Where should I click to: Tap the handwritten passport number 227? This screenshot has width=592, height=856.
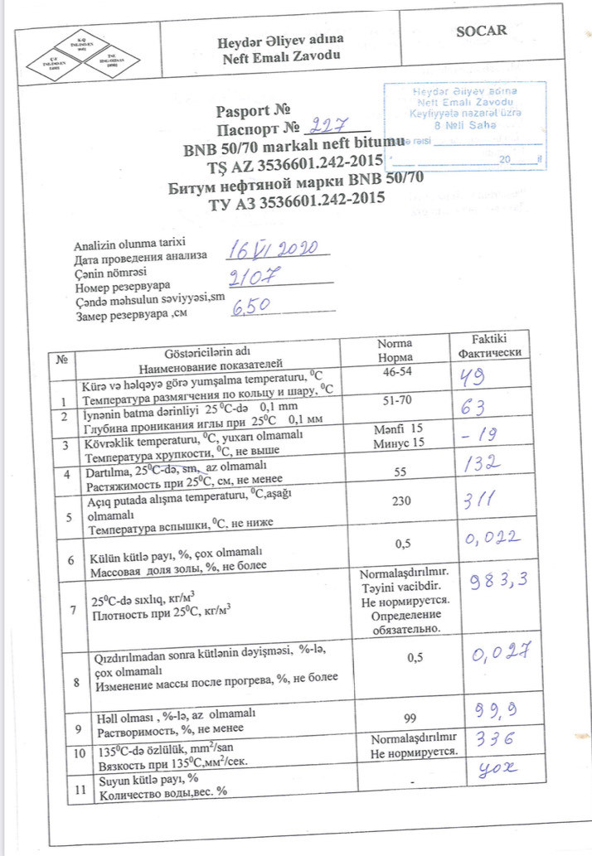pos(328,126)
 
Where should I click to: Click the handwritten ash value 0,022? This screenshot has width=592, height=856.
pos(493,541)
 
